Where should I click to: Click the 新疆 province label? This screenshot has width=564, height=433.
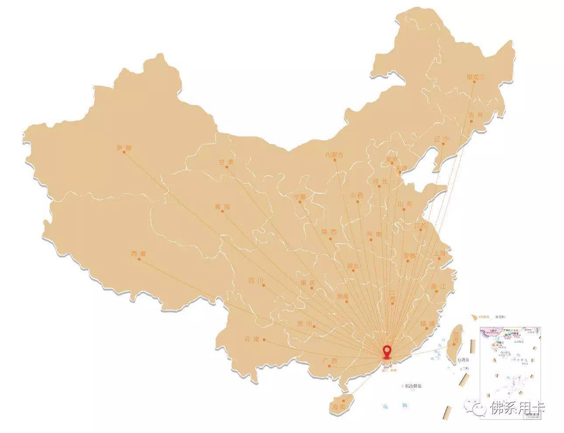[x=124, y=147]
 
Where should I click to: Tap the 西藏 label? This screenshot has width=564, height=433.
[x=139, y=254]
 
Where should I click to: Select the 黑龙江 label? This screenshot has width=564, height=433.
[x=476, y=77]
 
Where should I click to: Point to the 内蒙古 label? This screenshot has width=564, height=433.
[x=334, y=155]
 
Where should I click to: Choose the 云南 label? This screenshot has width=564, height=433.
[x=252, y=339]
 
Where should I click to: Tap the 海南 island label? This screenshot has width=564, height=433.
[x=339, y=407]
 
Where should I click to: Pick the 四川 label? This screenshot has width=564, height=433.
[x=256, y=280]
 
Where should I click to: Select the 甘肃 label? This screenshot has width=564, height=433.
[x=226, y=162]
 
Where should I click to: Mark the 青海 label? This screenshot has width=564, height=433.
[x=222, y=207]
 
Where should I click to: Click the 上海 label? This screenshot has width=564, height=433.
[x=439, y=253]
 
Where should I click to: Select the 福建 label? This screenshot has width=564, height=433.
[x=428, y=324]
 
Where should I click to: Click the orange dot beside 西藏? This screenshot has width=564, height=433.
[x=139, y=259]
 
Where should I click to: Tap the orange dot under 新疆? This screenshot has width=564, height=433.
[x=124, y=152]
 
